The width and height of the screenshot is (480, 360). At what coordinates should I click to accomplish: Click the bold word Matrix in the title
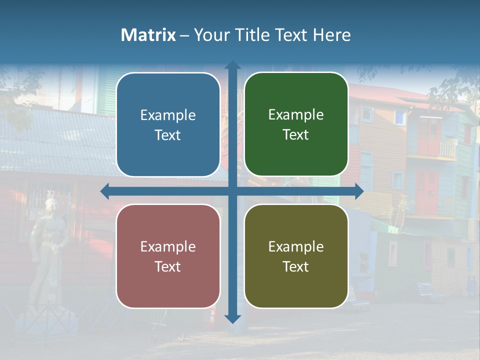pos(148,35)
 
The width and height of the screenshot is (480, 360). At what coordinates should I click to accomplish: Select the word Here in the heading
pos(331,35)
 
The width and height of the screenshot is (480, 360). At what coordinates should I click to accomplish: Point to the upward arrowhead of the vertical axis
pos(232,65)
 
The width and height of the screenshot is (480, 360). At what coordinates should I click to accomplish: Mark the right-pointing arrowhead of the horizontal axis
pos(359,191)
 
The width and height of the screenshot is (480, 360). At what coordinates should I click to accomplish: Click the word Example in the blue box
pos(168,115)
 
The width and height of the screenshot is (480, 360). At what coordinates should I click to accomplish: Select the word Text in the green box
pos(296,135)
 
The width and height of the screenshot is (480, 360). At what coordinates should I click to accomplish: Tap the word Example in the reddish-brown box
pos(168,247)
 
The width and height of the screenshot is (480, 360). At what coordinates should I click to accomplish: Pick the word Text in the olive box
pos(296,266)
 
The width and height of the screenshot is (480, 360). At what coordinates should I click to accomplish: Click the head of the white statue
pos(50,205)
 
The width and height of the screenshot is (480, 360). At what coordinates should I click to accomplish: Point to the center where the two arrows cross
pos(232,191)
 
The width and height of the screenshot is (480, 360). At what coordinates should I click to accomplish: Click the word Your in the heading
pos(209,35)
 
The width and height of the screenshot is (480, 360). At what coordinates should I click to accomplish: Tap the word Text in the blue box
pos(168,135)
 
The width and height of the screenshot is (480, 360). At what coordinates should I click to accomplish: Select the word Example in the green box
pos(296,115)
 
